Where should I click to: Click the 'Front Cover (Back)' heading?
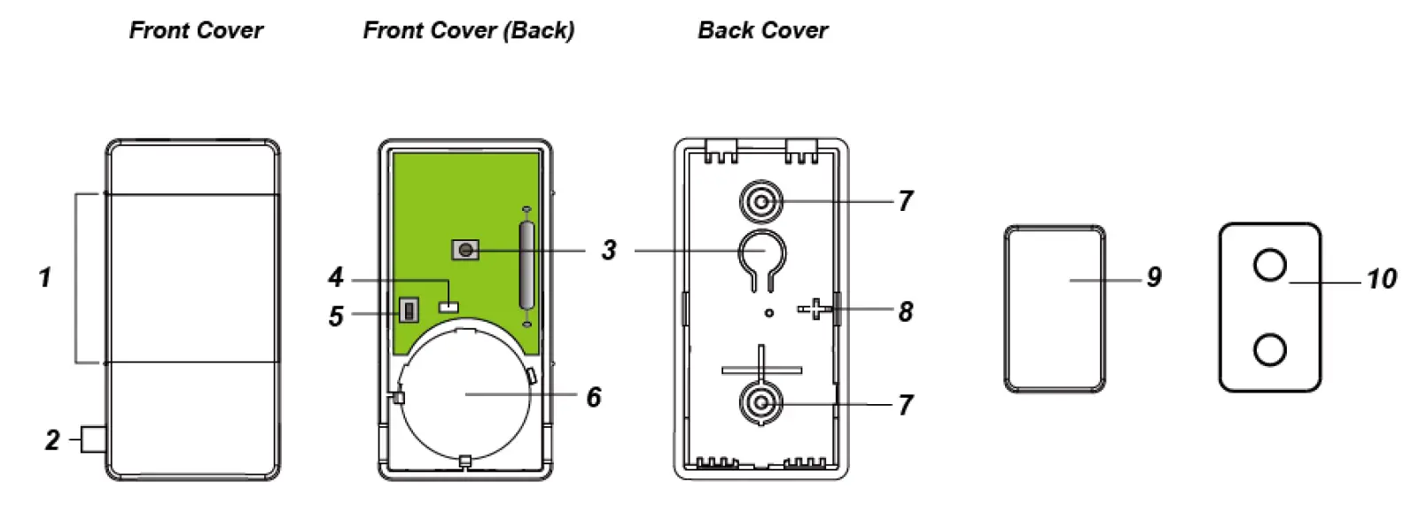point(468,30)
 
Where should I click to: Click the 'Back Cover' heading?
point(762,30)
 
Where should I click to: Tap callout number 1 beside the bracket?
point(44,277)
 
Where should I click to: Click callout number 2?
point(52,440)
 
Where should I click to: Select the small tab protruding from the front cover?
point(94,440)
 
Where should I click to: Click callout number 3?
point(608,250)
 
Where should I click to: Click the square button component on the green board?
point(464,251)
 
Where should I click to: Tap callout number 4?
point(335,277)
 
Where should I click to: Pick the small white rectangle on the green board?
point(449,306)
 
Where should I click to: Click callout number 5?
point(335,315)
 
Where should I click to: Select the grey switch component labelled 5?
point(408,311)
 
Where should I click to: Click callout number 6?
point(594,396)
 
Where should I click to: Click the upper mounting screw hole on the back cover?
point(761,203)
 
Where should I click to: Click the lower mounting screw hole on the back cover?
point(761,404)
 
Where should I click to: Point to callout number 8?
point(905,311)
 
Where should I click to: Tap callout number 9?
point(1153,277)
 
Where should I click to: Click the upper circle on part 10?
point(1269,264)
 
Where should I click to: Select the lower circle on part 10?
point(1269,349)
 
